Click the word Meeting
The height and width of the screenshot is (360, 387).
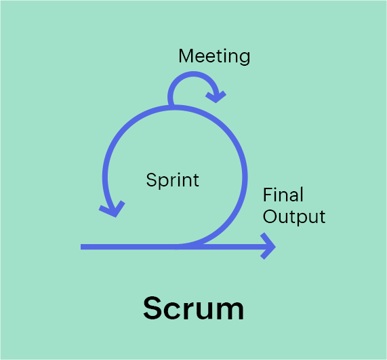(214, 57)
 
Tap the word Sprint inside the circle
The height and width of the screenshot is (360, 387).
(173, 180)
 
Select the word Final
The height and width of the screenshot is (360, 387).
(283, 195)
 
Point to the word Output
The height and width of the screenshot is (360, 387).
(294, 216)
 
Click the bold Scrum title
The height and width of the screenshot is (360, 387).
(194, 308)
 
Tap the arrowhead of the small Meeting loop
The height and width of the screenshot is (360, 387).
(216, 97)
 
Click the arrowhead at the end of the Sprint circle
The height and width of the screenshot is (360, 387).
(113, 209)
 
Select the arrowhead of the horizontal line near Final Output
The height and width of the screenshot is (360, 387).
(268, 246)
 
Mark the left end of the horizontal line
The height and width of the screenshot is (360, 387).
(81, 247)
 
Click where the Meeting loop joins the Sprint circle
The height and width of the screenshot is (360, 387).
(171, 106)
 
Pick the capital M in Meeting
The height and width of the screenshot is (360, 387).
(185, 56)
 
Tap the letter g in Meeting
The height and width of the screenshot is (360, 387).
(245, 59)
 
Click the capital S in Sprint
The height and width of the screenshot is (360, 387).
(151, 180)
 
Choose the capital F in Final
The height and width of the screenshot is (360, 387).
(268, 195)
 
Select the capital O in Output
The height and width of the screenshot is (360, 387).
(270, 216)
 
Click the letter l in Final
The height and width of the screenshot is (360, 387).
(302, 195)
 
